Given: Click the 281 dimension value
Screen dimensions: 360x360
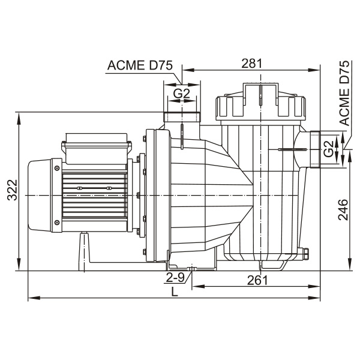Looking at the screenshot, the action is [251, 64].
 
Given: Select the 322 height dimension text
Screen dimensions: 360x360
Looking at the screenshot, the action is [12, 190].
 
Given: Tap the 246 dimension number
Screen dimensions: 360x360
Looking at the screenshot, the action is [343, 209].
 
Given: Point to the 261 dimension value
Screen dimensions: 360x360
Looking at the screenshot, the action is [257, 280].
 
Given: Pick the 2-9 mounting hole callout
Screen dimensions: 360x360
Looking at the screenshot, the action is [175, 278].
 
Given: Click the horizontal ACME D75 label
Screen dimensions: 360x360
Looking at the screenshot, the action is [140, 65].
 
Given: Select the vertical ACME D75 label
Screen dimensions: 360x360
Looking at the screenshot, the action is [344, 93].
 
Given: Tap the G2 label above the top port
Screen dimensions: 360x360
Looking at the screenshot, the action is [182, 94].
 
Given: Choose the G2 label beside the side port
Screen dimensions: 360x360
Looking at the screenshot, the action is [329, 149].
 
